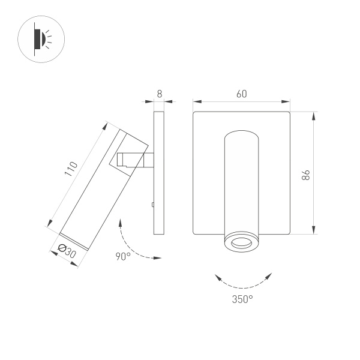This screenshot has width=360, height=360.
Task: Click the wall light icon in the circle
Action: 41,40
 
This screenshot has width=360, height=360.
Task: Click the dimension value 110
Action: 71,169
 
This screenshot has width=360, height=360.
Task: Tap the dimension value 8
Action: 159,94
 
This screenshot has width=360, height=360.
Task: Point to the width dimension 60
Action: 241,94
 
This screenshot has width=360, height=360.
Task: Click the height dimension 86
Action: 305,175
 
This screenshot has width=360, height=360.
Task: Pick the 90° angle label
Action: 123,257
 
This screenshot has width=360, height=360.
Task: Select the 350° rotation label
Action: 242,298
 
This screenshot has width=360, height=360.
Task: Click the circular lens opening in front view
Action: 241,243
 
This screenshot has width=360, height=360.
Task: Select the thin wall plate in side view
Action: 160,173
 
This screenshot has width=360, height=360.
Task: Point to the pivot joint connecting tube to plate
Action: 136,161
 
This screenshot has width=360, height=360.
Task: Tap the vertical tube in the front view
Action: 241,180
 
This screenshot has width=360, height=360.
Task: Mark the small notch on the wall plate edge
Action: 153,205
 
